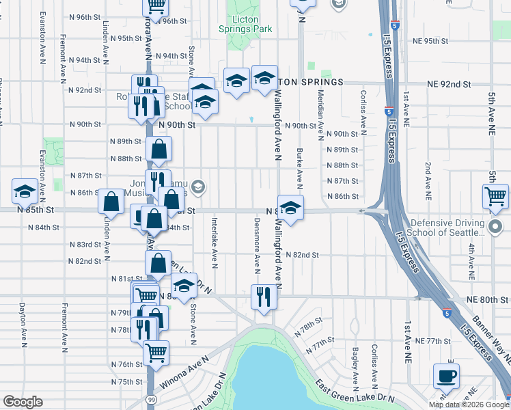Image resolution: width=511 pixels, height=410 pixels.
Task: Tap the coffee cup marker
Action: pyautogui.click(x=446, y=376)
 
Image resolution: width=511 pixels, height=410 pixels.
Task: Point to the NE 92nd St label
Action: pyautogui.click(x=449, y=84)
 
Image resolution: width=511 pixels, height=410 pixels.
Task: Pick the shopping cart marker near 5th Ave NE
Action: pyautogui.click(x=495, y=197)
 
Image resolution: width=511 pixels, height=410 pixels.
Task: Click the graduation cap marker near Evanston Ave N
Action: pyautogui.click(x=25, y=191)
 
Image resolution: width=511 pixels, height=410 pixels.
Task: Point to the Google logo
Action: pyautogui.click(x=23, y=402)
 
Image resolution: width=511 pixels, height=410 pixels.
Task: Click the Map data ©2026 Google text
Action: pyautogui.click(x=468, y=405)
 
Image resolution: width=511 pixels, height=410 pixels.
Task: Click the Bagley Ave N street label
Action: pyautogui.click(x=355, y=364)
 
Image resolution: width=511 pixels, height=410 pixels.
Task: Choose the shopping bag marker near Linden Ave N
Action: pyautogui.click(x=111, y=202)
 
